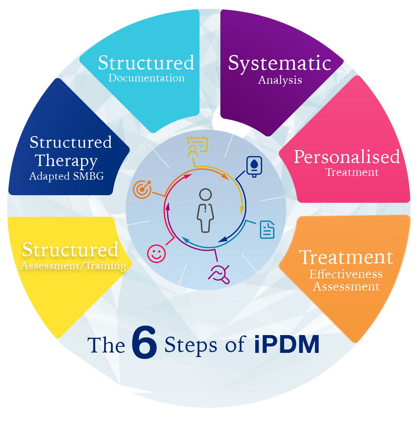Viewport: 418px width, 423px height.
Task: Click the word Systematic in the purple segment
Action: [x=280, y=64]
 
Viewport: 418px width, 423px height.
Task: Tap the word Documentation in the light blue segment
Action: [x=146, y=78]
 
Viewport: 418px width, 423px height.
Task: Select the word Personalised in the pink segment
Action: [x=347, y=157]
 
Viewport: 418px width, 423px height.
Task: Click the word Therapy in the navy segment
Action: [x=67, y=161]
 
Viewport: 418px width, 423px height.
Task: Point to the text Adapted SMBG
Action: [x=66, y=176]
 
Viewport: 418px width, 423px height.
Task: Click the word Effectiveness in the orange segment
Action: [x=346, y=274]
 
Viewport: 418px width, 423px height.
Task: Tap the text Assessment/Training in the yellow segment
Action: [x=73, y=266]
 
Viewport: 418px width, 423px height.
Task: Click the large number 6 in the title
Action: [x=144, y=345]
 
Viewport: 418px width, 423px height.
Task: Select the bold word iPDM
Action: [x=287, y=345]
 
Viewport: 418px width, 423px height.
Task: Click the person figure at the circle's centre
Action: [x=206, y=210]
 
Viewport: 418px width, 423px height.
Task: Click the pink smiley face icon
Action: [x=156, y=253]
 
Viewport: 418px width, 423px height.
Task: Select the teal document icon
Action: [x=267, y=229]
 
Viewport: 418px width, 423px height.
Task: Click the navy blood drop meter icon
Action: [x=254, y=166]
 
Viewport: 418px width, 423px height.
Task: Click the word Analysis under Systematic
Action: [x=280, y=80]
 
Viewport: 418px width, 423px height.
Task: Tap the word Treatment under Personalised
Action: [x=352, y=172]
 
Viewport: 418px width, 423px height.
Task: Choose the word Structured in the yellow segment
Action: [x=70, y=249]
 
